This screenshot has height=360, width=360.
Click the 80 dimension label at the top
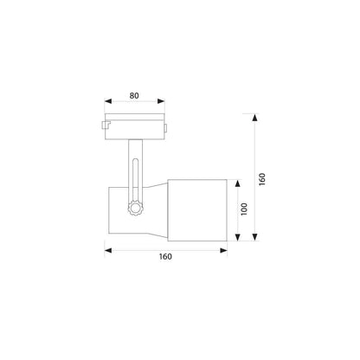point(135,97)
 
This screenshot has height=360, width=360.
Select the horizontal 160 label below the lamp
point(165,256)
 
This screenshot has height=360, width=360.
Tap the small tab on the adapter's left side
point(104,127)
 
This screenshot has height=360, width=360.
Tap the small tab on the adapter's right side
point(167,127)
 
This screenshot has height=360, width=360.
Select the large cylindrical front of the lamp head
point(196,210)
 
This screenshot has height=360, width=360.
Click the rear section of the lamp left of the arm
point(118,210)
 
